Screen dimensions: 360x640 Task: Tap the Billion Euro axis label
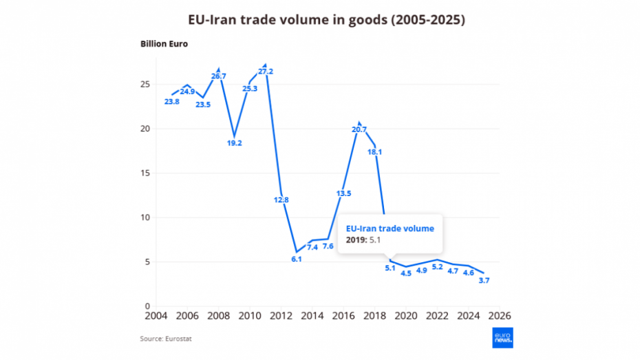164,44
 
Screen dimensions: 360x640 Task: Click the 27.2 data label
266,72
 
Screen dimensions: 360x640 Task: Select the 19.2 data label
235,142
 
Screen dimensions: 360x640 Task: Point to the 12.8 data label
281,200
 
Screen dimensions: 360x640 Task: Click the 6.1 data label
297,259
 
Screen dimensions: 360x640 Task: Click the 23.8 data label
172,102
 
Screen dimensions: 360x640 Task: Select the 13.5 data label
344,193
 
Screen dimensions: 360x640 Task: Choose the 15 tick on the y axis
145,173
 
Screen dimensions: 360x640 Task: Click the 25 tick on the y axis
145,84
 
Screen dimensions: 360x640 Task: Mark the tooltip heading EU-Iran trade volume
390,229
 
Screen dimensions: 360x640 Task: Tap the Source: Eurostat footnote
164,338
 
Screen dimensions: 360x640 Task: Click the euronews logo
502,337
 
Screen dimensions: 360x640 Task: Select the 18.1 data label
375,151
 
